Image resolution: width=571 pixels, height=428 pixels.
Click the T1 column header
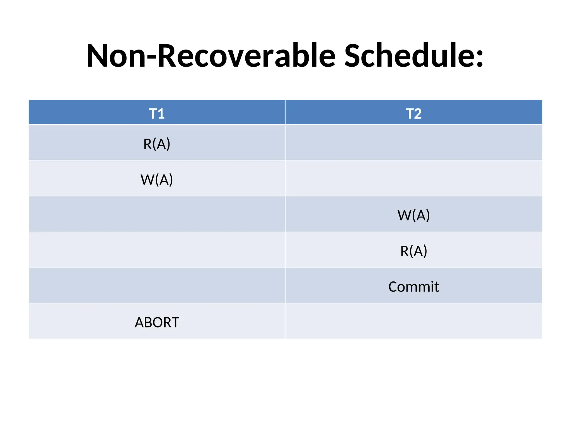[x=157, y=113]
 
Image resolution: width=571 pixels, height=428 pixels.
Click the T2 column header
[x=414, y=113]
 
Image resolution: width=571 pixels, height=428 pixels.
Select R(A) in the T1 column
[x=157, y=144]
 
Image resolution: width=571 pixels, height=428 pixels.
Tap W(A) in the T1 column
[x=157, y=179]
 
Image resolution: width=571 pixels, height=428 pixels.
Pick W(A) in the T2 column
[x=414, y=215]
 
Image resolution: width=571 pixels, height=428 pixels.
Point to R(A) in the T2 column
[x=414, y=251]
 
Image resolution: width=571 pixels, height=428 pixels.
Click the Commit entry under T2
[x=414, y=287]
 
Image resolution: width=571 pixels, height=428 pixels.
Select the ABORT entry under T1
[x=157, y=322]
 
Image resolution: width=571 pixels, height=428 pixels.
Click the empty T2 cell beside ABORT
[x=414, y=321]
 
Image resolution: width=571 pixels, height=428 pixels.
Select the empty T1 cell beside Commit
[x=157, y=285]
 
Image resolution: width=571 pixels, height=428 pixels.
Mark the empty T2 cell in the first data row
[x=414, y=143]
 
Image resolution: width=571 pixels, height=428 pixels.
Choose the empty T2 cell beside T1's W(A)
[x=414, y=178]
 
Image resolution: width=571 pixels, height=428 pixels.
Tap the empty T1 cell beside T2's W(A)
[x=157, y=214]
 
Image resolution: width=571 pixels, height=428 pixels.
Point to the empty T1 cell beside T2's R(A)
[x=157, y=250]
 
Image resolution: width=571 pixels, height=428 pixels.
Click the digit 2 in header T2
[x=418, y=114]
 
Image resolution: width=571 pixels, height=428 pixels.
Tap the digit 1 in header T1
[x=161, y=114]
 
